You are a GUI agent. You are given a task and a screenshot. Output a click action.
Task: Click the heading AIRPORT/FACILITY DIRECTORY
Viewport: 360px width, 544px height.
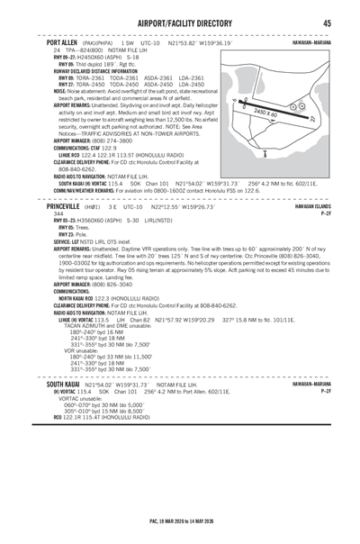tap(180, 23)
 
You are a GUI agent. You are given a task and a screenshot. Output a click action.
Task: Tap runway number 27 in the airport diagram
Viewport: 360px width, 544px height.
tap(310, 120)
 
